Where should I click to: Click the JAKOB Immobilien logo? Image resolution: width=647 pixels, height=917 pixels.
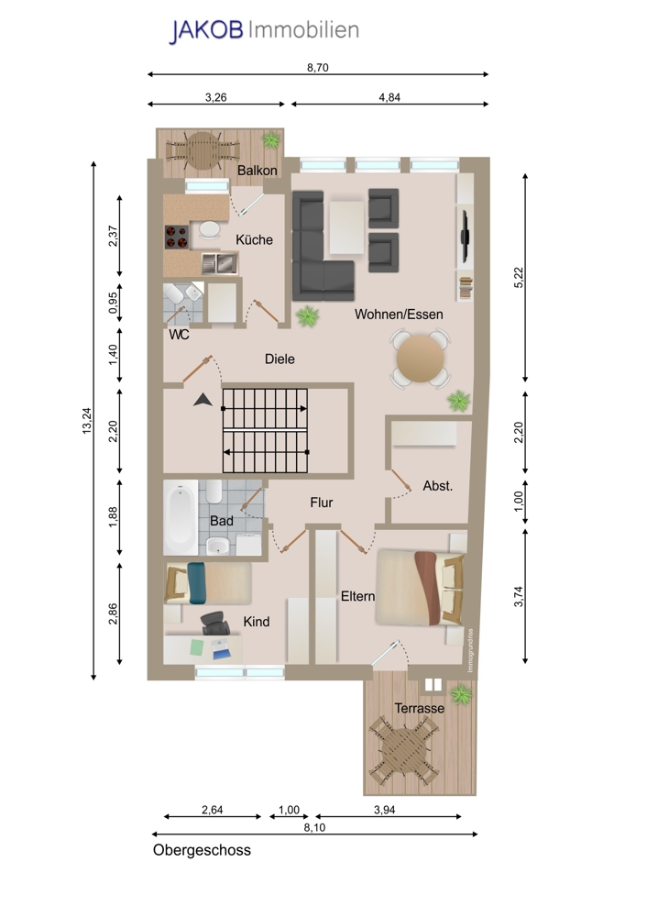(264, 30)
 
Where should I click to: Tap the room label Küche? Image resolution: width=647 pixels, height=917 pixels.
(254, 239)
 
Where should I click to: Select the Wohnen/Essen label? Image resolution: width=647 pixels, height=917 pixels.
(399, 315)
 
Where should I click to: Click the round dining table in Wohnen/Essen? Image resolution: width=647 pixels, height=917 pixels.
(420, 359)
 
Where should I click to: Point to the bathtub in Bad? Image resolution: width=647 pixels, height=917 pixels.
(181, 517)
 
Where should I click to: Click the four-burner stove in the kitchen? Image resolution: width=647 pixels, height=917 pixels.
(177, 237)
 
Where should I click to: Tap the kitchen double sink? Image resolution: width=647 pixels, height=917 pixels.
(219, 263)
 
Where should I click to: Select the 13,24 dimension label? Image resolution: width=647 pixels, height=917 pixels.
(87, 420)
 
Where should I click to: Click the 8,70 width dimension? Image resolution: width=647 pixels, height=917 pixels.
(317, 67)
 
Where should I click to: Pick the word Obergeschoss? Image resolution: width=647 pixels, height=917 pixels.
(202, 850)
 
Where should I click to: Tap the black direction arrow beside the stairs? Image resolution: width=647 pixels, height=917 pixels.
(203, 400)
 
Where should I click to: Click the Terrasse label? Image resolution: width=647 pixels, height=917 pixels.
(419, 708)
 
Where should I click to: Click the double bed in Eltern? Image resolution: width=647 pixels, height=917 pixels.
(421, 587)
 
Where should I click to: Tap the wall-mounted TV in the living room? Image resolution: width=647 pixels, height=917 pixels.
(466, 236)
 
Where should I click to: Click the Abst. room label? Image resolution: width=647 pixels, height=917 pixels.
(438, 486)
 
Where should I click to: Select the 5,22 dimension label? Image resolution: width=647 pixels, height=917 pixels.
(519, 277)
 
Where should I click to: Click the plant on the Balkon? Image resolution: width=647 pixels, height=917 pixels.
(270, 139)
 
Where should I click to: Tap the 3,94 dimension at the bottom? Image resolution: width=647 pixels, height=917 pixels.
(385, 810)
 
